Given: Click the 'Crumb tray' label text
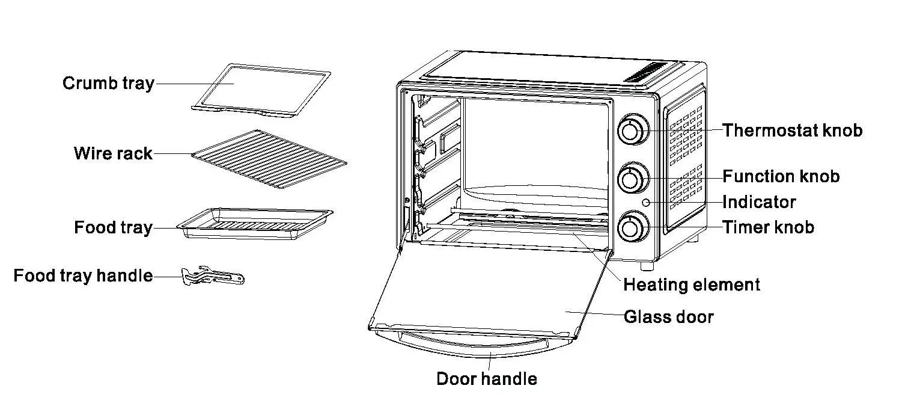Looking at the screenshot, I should [108, 84].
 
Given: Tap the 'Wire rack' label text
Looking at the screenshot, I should [113, 153].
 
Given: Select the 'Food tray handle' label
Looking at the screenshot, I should [83, 276].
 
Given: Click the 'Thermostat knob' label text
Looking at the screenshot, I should [792, 131].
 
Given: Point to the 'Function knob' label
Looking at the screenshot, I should [781, 177].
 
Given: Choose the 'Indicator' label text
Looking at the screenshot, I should [759, 202].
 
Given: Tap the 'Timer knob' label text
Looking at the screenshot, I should [768, 227].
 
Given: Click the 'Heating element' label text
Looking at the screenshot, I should [692, 284].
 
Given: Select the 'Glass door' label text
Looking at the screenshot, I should [669, 317].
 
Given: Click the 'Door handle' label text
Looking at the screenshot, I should [487, 379].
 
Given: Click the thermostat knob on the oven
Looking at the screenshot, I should [630, 131].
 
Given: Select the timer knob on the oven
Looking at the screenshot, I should [630, 227].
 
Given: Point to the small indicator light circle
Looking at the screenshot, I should [646, 203].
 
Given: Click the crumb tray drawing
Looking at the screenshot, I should [262, 88].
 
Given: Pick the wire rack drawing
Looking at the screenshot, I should [269, 159].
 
